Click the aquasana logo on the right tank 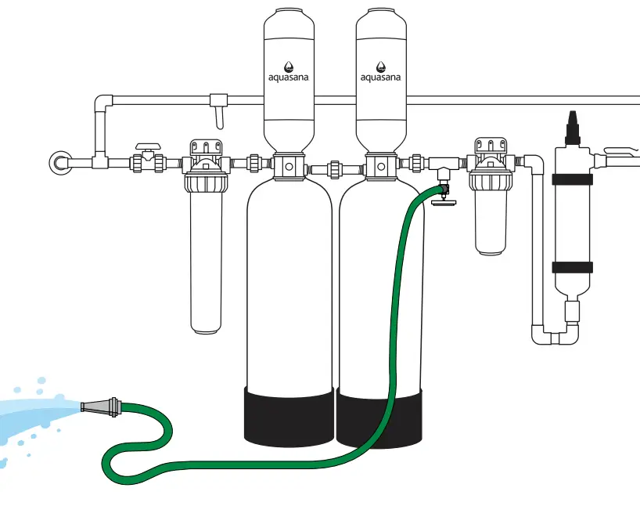380,72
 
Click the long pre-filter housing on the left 206,258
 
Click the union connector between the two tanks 334,168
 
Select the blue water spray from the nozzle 35,415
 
